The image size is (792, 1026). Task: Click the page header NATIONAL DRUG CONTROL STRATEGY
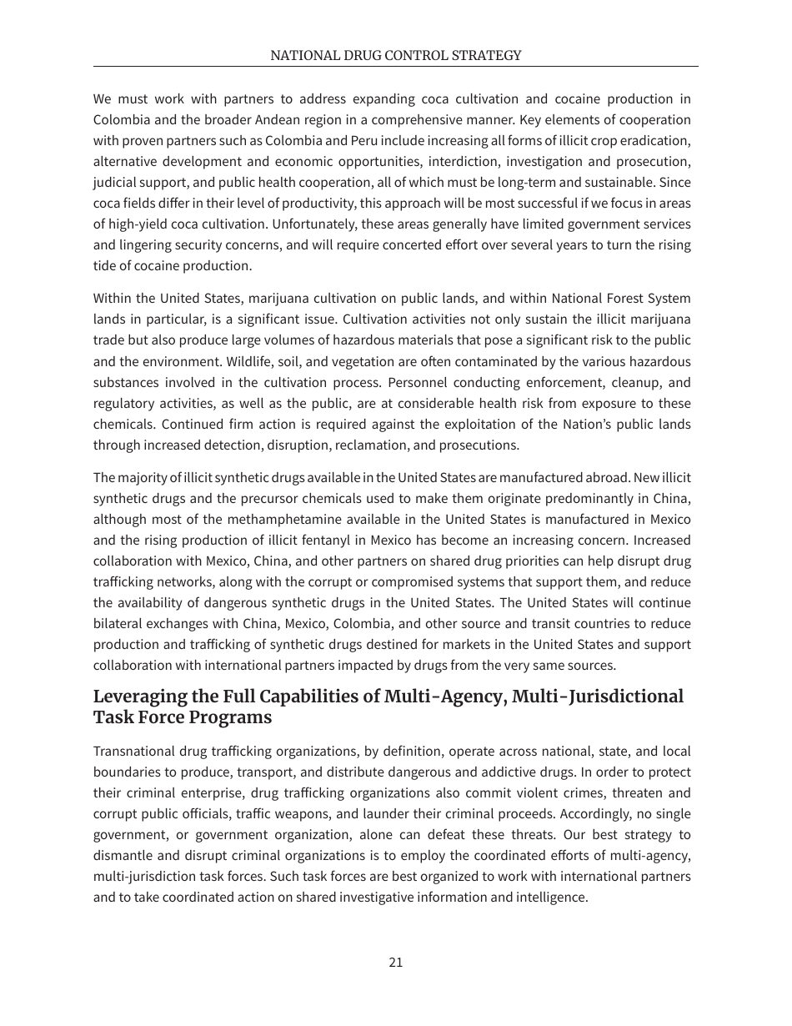tap(395, 55)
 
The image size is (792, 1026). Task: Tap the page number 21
tap(396, 962)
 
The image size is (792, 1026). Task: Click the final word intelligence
tap(554, 898)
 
